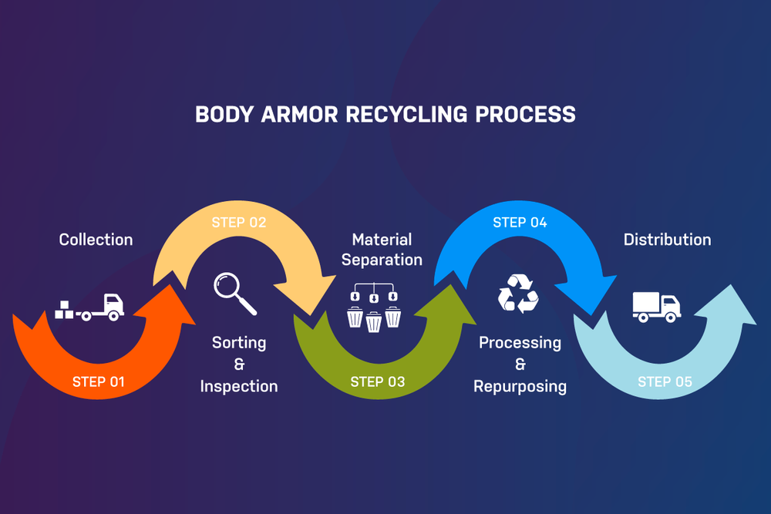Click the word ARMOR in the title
[295, 114]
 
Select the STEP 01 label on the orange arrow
[98, 381]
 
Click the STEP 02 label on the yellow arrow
[239, 223]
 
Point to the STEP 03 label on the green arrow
[377, 381]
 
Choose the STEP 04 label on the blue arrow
[520, 223]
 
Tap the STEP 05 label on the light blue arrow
[665, 381]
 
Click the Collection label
[96, 240]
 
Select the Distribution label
[667, 240]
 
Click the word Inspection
[239, 386]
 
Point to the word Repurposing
[520, 386]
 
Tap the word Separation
[382, 260]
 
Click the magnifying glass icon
[234, 294]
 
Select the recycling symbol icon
[517, 294]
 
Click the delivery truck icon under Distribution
[656, 306]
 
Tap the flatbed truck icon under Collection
[90, 307]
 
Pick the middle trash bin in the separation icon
[374, 319]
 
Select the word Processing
[520, 343]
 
